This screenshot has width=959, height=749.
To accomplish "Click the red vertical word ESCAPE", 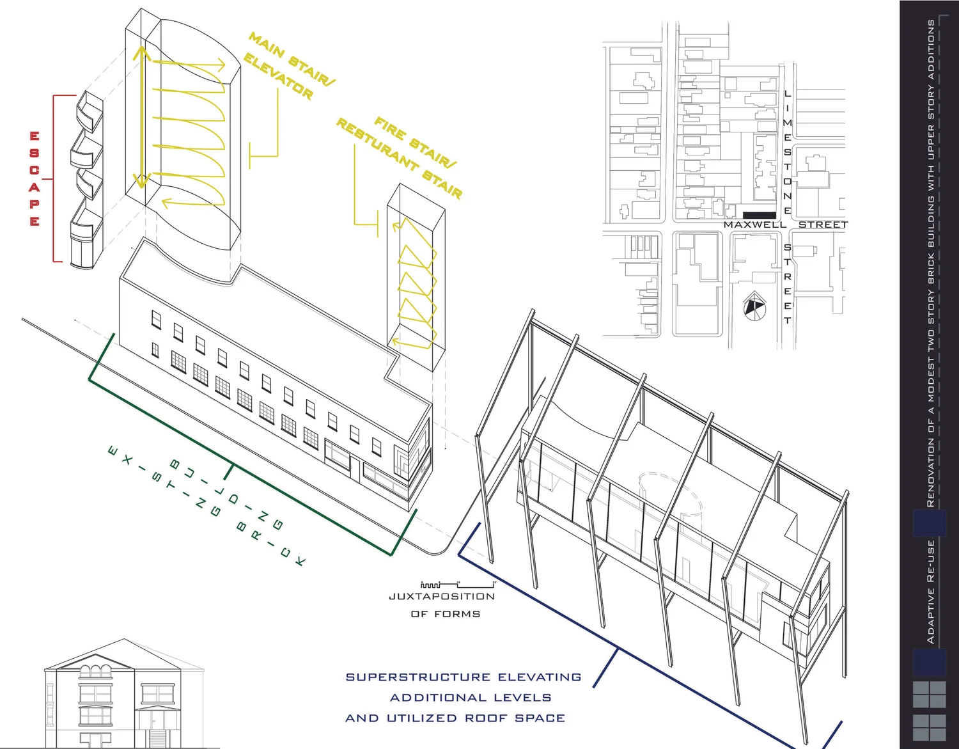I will [x=35, y=178].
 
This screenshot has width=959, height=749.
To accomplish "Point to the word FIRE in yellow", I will [x=390, y=129].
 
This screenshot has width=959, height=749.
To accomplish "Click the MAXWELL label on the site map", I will [x=755, y=225].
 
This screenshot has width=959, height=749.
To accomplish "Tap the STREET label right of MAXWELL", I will [x=823, y=225].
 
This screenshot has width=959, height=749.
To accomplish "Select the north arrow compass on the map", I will [x=754, y=306].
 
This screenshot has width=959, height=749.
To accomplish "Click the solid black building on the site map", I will [x=760, y=216].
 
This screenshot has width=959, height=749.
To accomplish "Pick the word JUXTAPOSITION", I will [x=442, y=597].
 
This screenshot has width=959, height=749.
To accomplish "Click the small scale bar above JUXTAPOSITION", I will [x=458, y=585].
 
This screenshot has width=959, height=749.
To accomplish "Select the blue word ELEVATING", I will [x=540, y=677].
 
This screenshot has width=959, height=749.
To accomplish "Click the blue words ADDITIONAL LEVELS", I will [x=471, y=698].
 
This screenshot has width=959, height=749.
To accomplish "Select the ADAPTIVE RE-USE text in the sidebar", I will [x=931, y=592].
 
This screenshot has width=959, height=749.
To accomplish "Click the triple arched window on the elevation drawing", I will [x=96, y=671].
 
